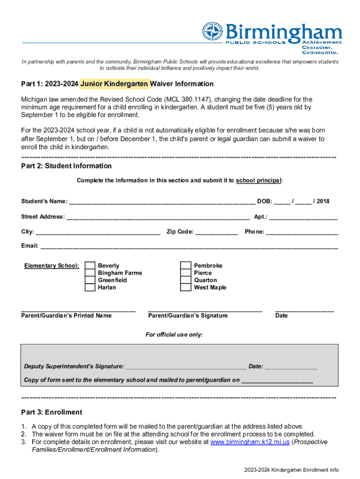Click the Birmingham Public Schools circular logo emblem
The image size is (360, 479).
click(213, 32)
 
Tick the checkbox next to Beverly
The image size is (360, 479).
click(90, 266)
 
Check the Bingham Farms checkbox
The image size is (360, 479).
click(90, 273)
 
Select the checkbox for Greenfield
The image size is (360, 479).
click(90, 280)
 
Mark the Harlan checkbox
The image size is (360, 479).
click(90, 287)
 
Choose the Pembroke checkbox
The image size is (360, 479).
click(186, 266)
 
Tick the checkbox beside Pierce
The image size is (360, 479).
click(186, 273)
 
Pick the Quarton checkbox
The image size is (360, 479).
click(186, 280)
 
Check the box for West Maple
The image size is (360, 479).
click(186, 287)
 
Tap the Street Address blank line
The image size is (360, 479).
click(158, 218)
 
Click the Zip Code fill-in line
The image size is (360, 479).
click(216, 232)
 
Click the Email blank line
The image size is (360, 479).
click(189, 247)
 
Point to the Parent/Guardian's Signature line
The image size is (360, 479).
click(205, 310)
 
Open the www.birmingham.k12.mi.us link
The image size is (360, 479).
click(250, 442)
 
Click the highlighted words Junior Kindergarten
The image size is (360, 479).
click(115, 84)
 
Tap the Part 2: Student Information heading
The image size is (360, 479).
click(66, 166)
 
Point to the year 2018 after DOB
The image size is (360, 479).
click(322, 202)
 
